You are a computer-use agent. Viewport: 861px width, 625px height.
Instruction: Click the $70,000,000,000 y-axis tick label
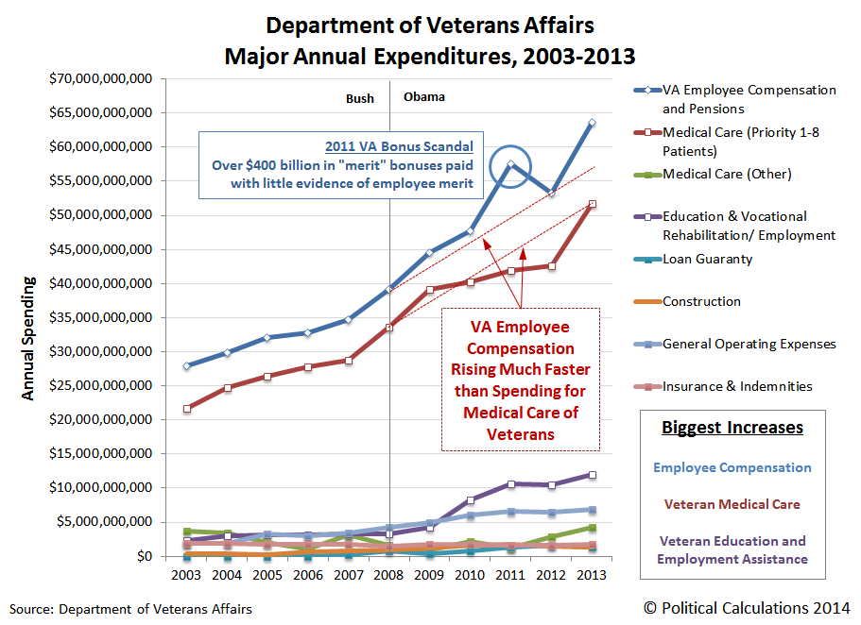(x=100, y=79)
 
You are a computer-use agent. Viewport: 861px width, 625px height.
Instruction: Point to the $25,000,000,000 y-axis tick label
(x=100, y=385)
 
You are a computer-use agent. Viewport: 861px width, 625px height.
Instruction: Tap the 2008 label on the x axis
(x=389, y=575)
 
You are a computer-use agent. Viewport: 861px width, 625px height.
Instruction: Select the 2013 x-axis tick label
(x=593, y=575)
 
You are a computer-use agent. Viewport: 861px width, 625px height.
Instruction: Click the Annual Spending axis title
(x=28, y=338)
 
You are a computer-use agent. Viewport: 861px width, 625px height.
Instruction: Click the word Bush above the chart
(x=360, y=98)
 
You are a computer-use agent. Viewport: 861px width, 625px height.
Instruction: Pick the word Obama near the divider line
(x=423, y=97)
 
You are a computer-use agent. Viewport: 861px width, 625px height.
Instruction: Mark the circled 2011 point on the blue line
(x=510, y=164)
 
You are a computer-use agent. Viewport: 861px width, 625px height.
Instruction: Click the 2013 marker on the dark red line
(x=593, y=204)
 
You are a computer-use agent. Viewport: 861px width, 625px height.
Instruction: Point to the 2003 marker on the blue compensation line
(x=187, y=365)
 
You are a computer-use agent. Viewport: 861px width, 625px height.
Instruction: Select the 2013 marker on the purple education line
(x=593, y=475)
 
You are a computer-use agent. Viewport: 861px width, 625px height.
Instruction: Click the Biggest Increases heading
(x=732, y=428)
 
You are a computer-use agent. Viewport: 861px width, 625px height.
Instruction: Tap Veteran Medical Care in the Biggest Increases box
(x=732, y=504)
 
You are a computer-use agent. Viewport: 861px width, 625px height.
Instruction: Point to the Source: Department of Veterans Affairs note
(x=131, y=609)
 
